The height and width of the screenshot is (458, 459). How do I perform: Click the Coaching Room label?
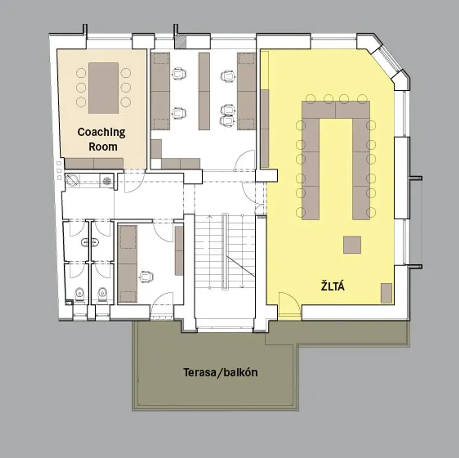101,139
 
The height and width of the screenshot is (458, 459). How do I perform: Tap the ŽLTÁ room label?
333,286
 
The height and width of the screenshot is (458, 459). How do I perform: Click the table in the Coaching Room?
103,88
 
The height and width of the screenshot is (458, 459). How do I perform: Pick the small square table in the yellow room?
352,245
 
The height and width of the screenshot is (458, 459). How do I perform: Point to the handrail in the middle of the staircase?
225,252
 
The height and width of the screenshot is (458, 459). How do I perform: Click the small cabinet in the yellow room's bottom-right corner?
386,293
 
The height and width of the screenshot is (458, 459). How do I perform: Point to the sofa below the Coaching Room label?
94,164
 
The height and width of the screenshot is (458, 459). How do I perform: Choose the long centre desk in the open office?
204,92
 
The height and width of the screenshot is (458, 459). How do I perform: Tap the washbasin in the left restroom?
90,243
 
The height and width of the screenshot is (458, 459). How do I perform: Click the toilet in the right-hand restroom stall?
103,295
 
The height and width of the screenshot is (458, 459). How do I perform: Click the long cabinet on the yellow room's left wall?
264,129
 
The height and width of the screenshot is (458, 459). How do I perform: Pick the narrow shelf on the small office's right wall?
179,251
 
